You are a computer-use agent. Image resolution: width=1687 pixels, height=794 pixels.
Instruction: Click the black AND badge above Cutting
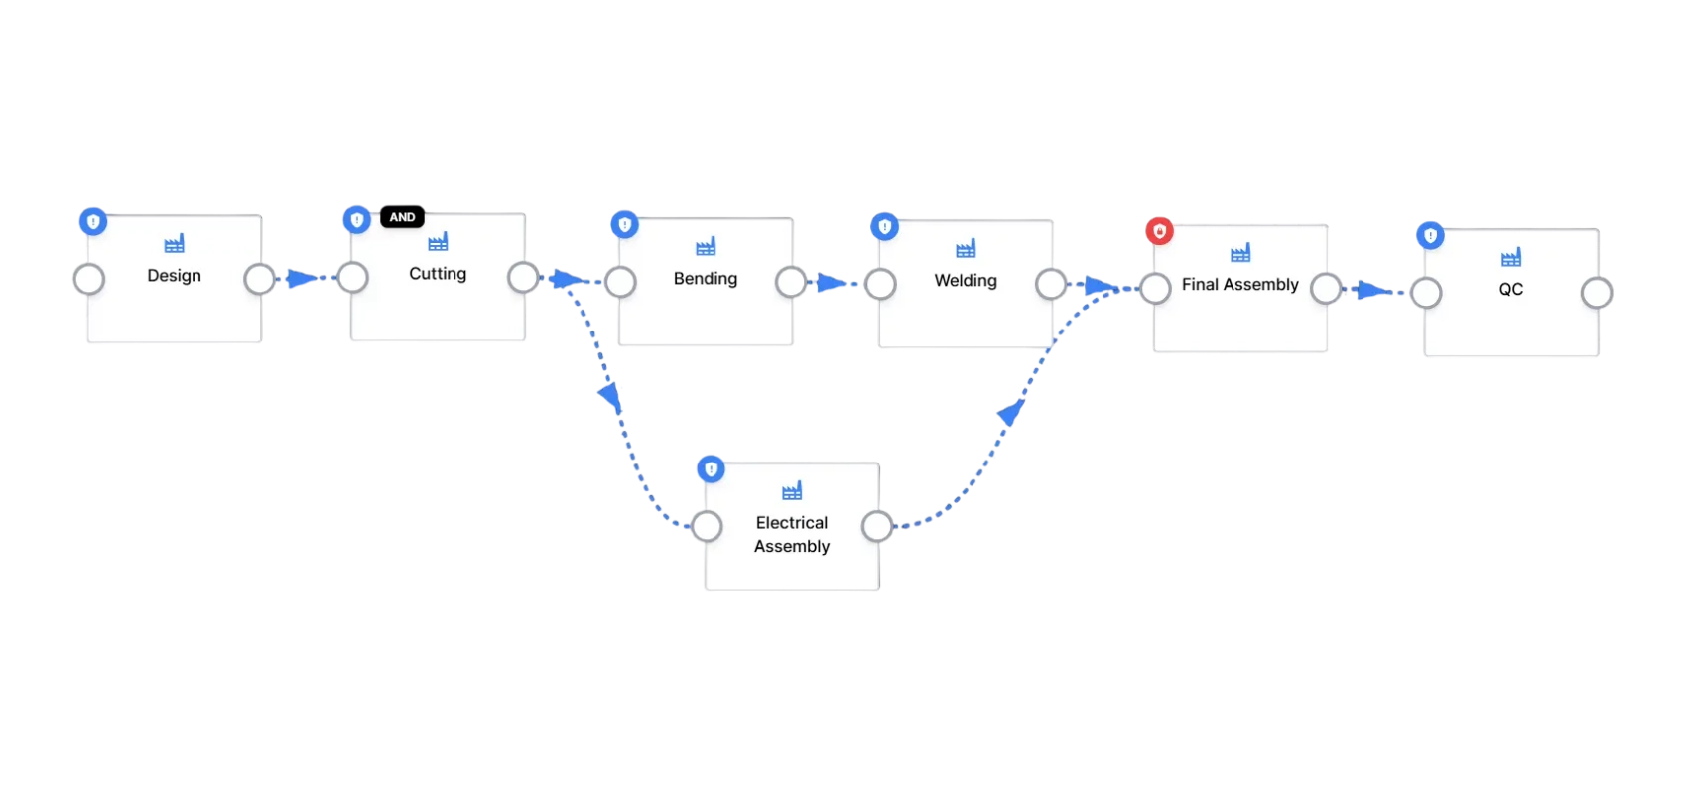tap(402, 217)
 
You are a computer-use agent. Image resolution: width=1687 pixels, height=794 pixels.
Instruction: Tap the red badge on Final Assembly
tap(1160, 231)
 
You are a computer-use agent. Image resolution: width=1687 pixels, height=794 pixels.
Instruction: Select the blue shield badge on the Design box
tap(93, 222)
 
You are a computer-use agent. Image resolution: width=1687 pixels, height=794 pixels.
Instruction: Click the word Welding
tap(966, 280)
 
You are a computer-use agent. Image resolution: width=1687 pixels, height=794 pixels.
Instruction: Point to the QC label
tap(1510, 289)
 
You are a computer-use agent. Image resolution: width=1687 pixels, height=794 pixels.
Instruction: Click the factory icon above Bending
tap(706, 246)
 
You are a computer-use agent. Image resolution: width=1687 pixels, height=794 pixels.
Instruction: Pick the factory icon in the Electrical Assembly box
tap(792, 491)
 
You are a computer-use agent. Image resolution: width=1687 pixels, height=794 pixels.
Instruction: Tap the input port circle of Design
tap(89, 279)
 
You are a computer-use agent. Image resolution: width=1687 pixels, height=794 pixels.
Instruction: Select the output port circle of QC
tap(1597, 293)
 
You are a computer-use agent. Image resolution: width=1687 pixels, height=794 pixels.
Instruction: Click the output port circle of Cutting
tap(523, 277)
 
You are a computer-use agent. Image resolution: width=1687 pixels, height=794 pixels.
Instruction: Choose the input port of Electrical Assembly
tap(708, 526)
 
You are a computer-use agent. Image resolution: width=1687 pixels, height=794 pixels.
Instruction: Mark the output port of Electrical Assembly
tap(877, 526)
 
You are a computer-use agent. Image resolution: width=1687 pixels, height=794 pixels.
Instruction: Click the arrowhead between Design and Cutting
tap(302, 279)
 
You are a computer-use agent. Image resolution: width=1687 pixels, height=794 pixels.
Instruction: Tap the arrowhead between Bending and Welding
tap(833, 283)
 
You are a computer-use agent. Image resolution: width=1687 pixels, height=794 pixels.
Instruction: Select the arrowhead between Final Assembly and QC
tap(1373, 290)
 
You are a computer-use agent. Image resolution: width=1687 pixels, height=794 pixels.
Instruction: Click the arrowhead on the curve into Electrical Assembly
tap(610, 397)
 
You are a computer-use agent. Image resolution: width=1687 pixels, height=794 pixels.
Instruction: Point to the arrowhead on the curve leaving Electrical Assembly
tap(1010, 412)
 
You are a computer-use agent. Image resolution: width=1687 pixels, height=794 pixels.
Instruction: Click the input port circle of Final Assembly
tap(1155, 288)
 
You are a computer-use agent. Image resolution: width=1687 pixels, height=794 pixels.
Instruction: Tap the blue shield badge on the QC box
tap(1430, 236)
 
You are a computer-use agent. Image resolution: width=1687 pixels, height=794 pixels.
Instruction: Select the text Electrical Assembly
tap(792, 534)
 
